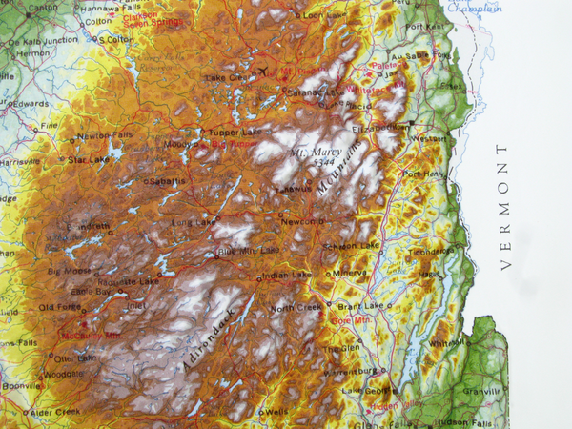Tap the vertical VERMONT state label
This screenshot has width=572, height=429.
tap(504, 207)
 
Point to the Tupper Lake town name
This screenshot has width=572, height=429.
tap(229, 132)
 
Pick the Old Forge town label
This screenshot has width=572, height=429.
tap(61, 307)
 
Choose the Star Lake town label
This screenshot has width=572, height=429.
tap(90, 160)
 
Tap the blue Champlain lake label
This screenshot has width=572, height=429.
tap(476, 8)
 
